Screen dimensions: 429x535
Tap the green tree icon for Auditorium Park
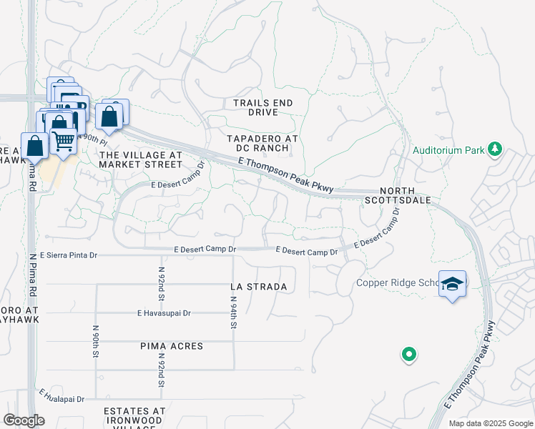click(x=494, y=149)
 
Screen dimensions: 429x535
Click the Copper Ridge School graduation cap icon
click(x=452, y=284)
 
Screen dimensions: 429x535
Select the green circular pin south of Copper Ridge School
click(x=408, y=354)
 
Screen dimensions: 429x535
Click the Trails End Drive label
click(x=263, y=107)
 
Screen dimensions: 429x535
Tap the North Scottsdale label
click(x=406, y=196)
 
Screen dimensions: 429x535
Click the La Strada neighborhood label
click(x=259, y=287)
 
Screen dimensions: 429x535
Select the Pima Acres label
click(x=172, y=346)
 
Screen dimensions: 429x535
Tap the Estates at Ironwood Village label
click(x=134, y=415)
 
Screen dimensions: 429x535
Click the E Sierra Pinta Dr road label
click(x=68, y=255)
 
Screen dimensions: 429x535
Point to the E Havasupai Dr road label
click(x=165, y=312)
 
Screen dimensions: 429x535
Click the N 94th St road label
click(x=233, y=315)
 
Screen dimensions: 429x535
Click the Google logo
click(x=24, y=420)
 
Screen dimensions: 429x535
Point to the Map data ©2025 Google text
click(x=490, y=423)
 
